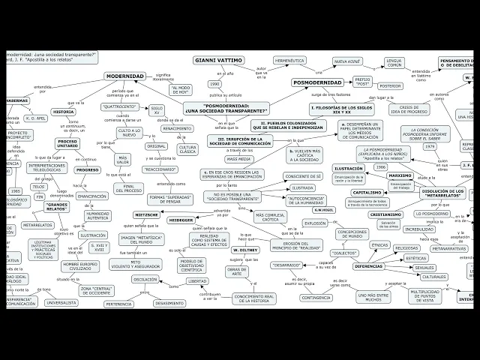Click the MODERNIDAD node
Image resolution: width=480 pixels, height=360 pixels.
pyautogui.click(x=125, y=76)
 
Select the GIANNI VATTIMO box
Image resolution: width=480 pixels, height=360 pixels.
pyautogui.click(x=218, y=59)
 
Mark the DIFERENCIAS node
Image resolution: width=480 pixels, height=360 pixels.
pyautogui.click(x=369, y=266)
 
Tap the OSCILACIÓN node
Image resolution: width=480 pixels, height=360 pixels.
pyautogui.click(x=145, y=279)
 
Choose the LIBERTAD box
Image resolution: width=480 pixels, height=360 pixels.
pyautogui.click(x=197, y=280)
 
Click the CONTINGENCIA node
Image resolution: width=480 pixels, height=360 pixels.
pyautogui.click(x=316, y=297)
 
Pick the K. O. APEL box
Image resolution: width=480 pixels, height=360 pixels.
pyautogui.click(x=37, y=118)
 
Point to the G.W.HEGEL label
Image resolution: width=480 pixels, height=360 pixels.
pyautogui.click(x=322, y=209)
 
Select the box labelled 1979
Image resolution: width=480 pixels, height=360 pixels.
pyautogui.click(x=430, y=147)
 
